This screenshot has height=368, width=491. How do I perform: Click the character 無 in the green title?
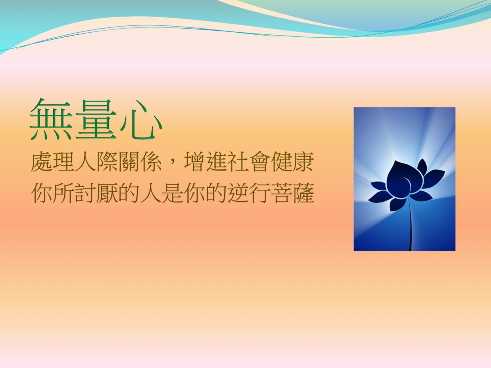pyautogui.click(x=52, y=119)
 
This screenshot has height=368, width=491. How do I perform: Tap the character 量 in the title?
pyautogui.click(x=96, y=119)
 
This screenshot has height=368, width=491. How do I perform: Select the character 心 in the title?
pyautogui.click(x=141, y=120)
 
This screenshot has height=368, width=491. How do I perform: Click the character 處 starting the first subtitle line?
pyautogui.click(x=42, y=162)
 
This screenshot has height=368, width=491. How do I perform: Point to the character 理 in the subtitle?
pyautogui.click(x=63, y=162)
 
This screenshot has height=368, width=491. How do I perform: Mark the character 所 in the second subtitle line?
pyautogui.click(x=63, y=193)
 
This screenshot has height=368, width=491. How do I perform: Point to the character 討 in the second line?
pyautogui.click(x=86, y=193)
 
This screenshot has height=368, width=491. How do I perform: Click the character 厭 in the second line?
pyautogui.click(x=107, y=193)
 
